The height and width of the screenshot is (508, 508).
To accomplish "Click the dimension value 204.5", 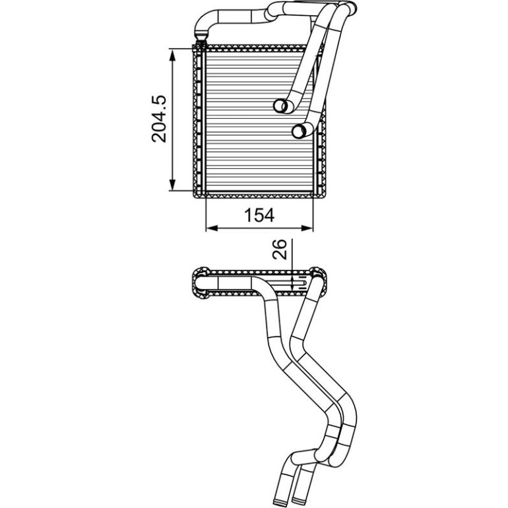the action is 159,119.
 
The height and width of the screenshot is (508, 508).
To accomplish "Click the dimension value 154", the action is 259,215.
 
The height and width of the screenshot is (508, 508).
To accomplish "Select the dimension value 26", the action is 280,249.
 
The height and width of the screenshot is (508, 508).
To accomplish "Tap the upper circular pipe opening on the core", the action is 281,106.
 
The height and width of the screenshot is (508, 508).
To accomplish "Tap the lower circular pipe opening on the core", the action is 300,131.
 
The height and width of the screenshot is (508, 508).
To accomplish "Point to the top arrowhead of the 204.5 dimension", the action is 173,55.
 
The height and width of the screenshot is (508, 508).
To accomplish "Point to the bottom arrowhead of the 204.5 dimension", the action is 173,185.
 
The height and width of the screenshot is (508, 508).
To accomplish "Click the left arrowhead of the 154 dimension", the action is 212,228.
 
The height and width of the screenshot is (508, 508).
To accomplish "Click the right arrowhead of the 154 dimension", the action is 307,228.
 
